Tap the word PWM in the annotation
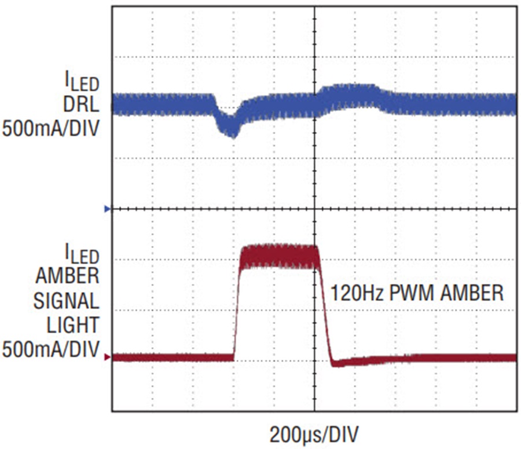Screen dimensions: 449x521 pos(407,293)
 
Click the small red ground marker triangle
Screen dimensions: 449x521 pos(107,358)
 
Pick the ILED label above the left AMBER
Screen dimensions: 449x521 pos(80,254)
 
